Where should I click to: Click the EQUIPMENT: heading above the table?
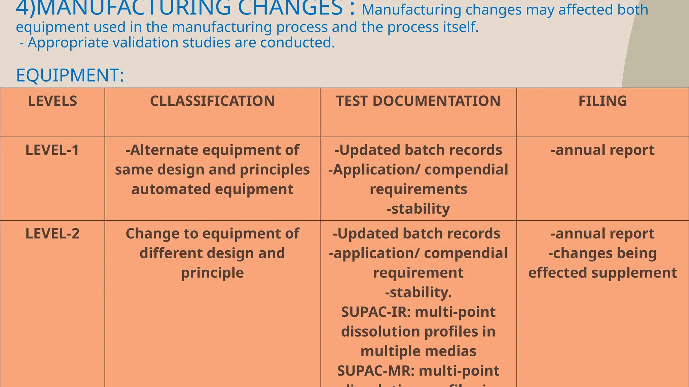click(x=70, y=75)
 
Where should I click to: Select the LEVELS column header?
click(x=52, y=101)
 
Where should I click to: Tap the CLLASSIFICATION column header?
click(x=212, y=101)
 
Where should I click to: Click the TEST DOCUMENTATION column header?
click(x=418, y=101)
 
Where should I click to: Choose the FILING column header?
click(x=603, y=101)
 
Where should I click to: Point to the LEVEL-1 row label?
click(x=52, y=150)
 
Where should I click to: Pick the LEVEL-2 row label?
click(x=52, y=234)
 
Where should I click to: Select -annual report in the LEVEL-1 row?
click(x=603, y=150)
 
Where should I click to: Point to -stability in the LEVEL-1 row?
click(x=418, y=209)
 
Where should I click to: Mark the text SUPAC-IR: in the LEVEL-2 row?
click(x=376, y=312)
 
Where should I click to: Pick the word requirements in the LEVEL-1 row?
click(x=418, y=189)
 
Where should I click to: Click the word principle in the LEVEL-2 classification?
click(x=212, y=273)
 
